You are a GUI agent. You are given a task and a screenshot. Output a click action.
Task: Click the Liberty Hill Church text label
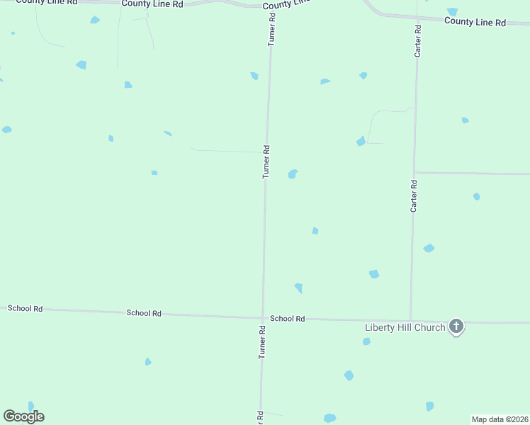pos(405,327)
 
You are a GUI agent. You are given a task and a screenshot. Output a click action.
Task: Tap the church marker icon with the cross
pos(457,327)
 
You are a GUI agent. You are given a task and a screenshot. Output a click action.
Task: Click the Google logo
pos(23,416)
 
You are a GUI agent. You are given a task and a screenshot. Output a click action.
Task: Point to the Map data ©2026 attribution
pos(500,419)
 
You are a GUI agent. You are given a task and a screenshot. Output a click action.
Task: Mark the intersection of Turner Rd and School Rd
pos(263,318)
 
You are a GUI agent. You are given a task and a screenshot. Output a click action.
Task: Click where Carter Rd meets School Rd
pos(411,320)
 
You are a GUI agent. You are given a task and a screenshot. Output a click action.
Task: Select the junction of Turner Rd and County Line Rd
pos(271,6)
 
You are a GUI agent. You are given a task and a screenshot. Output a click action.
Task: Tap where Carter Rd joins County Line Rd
pos(419,18)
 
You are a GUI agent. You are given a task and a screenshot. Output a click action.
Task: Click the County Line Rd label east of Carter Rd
pos(475,22)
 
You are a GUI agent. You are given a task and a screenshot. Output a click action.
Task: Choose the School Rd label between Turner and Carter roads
pos(287,319)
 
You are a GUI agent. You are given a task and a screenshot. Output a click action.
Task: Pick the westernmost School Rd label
pos(25,309)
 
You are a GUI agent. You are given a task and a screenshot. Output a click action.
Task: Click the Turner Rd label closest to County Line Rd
pos(271,29)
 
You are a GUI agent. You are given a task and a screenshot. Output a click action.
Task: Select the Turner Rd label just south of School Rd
pos(261,342)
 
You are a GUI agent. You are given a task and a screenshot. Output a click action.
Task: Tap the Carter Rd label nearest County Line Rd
pos(419,40)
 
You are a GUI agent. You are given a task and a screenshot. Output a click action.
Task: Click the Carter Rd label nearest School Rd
pos(413,195)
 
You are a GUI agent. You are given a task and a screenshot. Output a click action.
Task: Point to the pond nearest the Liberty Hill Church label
pos(366,341)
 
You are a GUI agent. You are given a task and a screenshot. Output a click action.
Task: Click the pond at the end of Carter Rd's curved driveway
pos(361,142)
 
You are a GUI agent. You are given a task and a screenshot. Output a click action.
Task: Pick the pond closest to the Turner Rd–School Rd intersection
pos(299,288)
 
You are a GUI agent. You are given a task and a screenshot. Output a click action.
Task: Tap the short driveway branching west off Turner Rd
pos(227,150)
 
